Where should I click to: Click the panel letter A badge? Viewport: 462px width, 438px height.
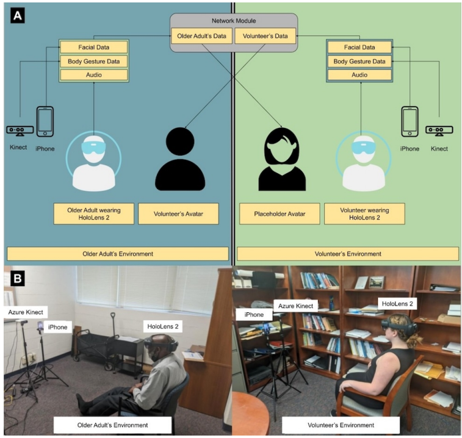click(18, 16)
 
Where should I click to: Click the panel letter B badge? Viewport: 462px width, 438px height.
click(18, 279)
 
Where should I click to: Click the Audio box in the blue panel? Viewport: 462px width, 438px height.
click(93, 75)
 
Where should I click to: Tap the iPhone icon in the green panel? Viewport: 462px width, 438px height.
click(410, 121)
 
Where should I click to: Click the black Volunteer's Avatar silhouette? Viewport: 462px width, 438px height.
click(179, 160)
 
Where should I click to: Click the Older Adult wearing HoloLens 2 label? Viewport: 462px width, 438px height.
click(93, 214)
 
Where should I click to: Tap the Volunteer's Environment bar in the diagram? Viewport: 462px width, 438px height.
click(347, 253)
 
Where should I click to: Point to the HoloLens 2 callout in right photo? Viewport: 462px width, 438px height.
click(398, 303)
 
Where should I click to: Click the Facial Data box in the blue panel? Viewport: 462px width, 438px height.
click(93, 47)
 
